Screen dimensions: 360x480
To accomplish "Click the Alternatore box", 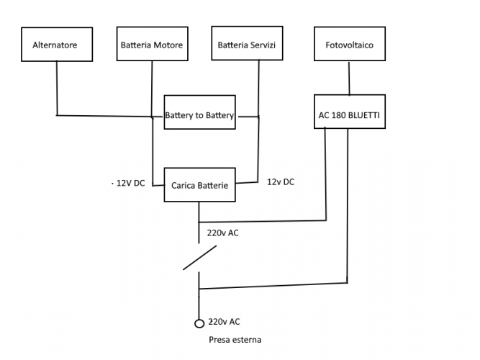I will [55, 45].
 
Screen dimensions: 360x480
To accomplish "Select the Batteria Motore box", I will [151, 45].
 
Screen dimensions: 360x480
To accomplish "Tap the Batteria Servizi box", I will [247, 45].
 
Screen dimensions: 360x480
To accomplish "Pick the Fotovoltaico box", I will [349, 45].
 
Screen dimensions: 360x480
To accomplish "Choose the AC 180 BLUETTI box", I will [349, 114].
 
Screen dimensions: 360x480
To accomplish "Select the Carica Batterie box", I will [199, 186].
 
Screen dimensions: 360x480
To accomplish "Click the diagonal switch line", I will [200, 258].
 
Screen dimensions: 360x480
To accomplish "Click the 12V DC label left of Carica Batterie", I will [129, 184].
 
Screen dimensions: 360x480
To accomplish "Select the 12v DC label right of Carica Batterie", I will [281, 182].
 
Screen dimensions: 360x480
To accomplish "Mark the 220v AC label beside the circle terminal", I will [224, 323].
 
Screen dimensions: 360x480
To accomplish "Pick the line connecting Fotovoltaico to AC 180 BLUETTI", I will [349, 78].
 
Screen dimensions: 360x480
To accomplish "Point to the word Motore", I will [168, 45].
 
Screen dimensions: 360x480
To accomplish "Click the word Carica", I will [184, 186].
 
